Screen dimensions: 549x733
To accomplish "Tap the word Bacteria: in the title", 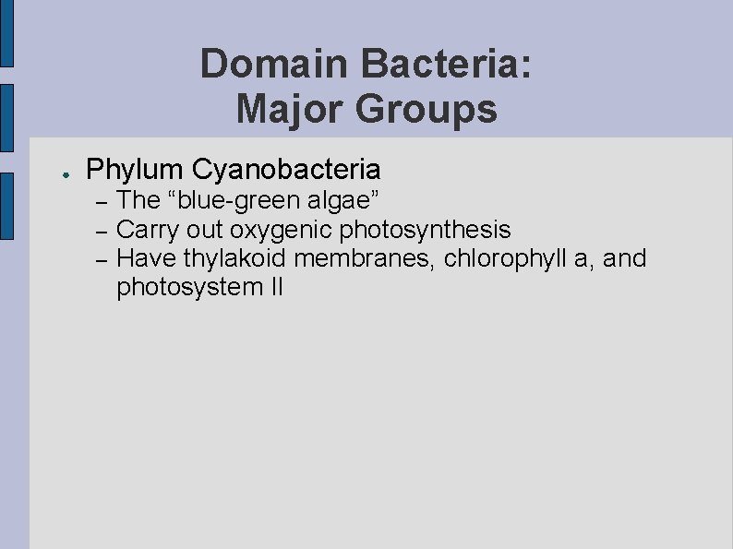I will point(447,65).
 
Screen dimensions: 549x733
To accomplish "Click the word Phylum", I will point(134,170).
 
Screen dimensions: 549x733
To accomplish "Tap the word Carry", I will point(148,229).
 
